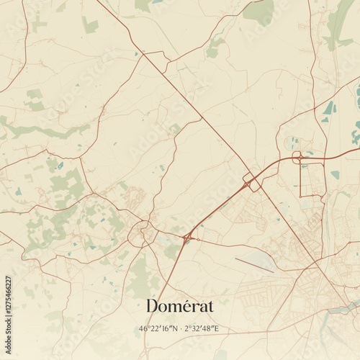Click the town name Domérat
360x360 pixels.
(179, 305)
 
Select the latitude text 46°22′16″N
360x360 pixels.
(158, 329)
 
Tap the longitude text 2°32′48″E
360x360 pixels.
(202, 329)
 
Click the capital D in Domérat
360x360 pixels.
(153, 305)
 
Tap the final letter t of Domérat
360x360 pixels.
(210, 305)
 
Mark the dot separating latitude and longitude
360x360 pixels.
(181, 329)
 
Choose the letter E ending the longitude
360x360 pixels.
(217, 329)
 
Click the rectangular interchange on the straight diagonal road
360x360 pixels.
(252, 181)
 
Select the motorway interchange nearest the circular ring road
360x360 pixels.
(188, 236)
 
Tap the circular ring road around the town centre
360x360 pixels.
(140, 233)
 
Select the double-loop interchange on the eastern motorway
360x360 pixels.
(297, 157)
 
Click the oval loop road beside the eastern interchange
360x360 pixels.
(292, 143)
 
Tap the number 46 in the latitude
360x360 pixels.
(143, 329)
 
